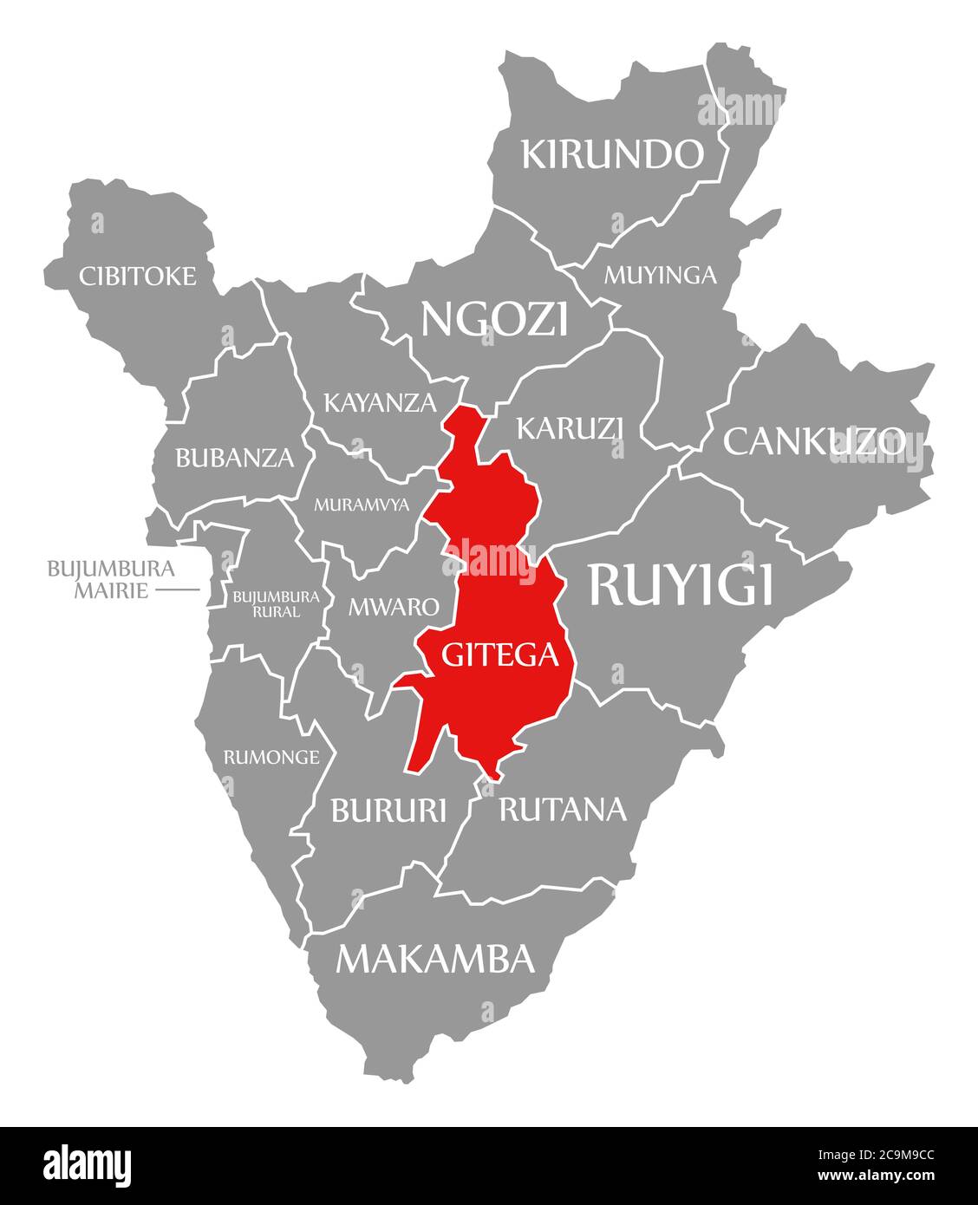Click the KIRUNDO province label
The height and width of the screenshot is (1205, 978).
(x=612, y=154)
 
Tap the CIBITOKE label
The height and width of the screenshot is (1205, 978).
(x=138, y=276)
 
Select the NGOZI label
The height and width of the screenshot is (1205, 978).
(x=494, y=319)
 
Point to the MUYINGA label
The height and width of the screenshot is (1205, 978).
(x=661, y=275)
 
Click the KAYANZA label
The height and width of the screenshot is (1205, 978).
(x=380, y=402)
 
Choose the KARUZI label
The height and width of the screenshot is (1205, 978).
(x=570, y=427)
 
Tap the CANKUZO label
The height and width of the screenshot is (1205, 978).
(x=814, y=441)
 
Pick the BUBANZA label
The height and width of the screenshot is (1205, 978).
(x=235, y=457)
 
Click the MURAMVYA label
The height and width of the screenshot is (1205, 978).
(x=362, y=505)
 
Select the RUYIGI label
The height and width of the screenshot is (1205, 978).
(x=681, y=584)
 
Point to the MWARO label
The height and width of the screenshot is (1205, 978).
(x=394, y=606)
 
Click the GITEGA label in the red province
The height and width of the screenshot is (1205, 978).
(x=500, y=655)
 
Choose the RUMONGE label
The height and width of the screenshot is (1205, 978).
(x=271, y=757)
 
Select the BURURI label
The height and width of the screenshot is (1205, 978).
(x=388, y=810)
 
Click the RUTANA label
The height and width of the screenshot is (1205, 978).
(x=562, y=809)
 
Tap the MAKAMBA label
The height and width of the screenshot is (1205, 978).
(x=434, y=958)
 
